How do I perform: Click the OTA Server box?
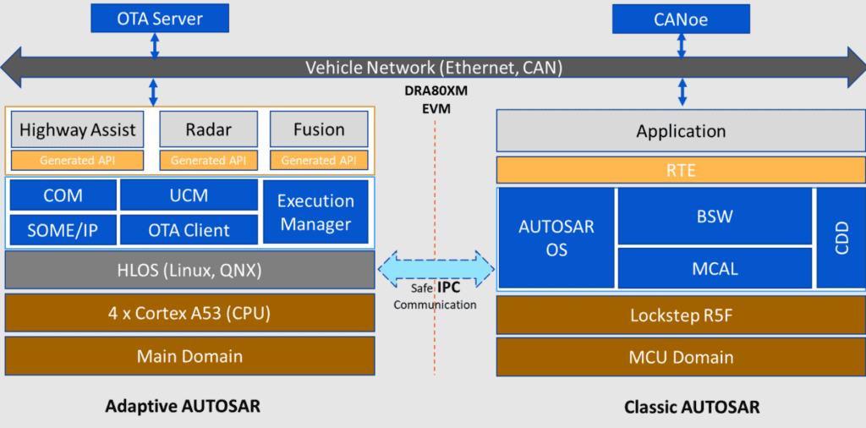[154, 17]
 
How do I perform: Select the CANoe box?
[681, 19]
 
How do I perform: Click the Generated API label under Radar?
[208, 160]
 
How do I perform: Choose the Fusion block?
[319, 130]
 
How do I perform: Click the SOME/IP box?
[63, 229]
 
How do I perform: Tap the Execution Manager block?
[315, 212]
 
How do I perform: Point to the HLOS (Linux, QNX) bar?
[190, 271]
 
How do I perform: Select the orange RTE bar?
[681, 170]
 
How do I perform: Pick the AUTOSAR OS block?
[556, 238]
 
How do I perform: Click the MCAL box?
[715, 268]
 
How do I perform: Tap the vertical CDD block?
[841, 238]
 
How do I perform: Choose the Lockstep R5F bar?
[681, 315]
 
